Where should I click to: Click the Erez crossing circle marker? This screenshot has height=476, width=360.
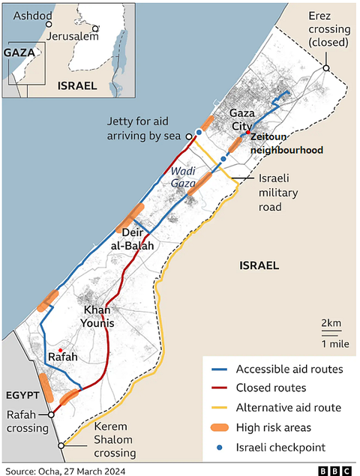click(x=326, y=69)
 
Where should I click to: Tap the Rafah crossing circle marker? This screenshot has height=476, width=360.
click(x=50, y=414)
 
